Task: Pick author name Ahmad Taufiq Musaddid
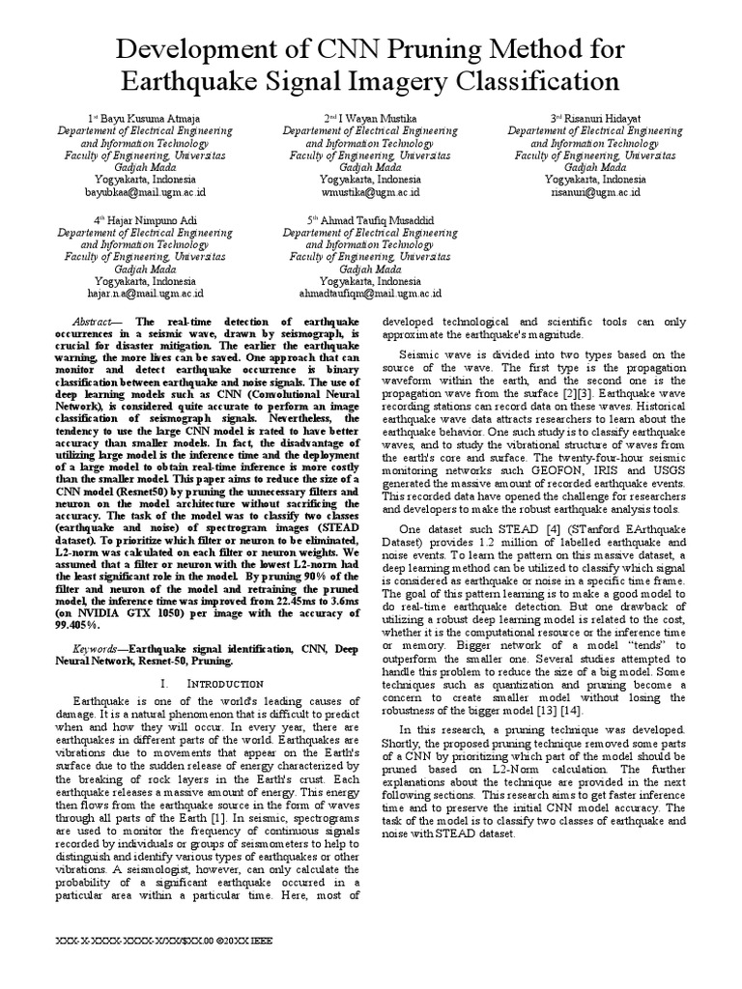click(371, 220)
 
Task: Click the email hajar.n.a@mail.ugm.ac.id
click(146, 292)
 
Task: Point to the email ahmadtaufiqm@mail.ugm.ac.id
click(371, 292)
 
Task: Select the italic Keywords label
click(98, 622)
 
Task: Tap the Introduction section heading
click(203, 656)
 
